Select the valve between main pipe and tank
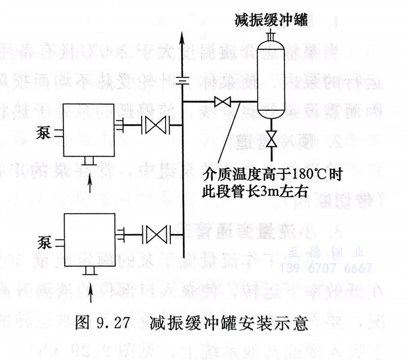[x=222, y=103]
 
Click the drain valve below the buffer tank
[x=270, y=140]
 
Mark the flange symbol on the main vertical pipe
[x=184, y=81]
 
